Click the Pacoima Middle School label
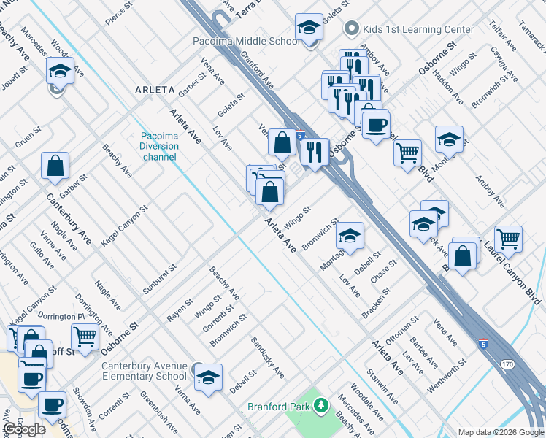(x=246, y=42)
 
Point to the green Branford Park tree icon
(x=320, y=405)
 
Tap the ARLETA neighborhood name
(x=155, y=90)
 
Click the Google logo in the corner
(x=24, y=429)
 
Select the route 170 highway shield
(x=508, y=363)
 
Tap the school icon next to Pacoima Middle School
(x=309, y=28)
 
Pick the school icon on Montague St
(x=350, y=236)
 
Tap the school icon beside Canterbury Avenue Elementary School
(x=208, y=377)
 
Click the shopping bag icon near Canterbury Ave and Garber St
(x=55, y=166)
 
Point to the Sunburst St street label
(x=159, y=280)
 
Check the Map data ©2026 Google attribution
(x=500, y=432)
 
